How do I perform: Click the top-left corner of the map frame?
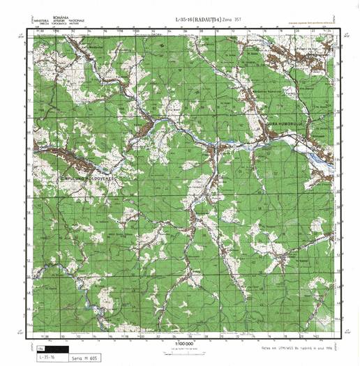tap(27, 28)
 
